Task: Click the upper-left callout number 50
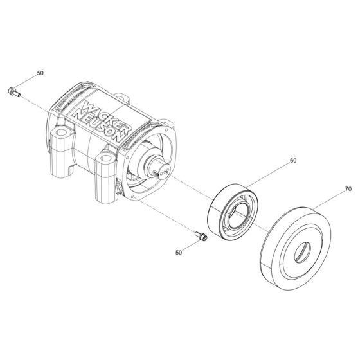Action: (40, 73)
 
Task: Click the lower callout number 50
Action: (179, 253)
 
